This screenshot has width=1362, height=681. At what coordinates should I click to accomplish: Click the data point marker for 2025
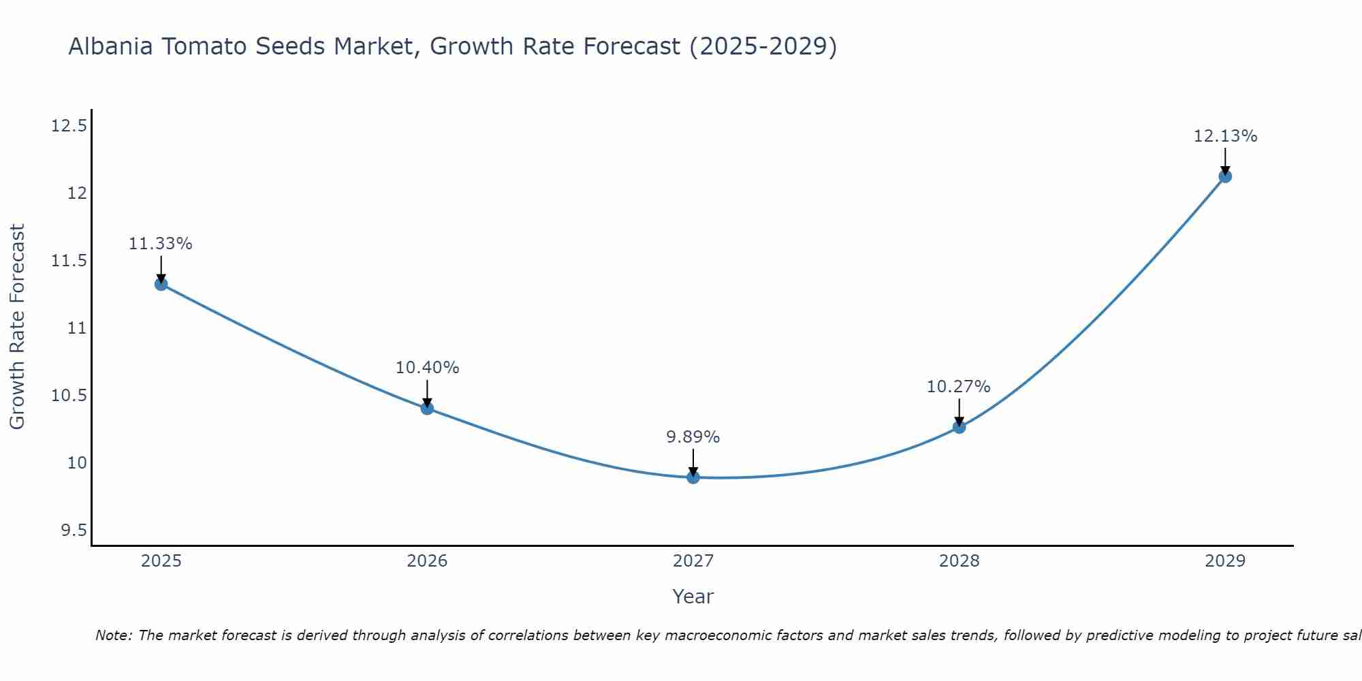pos(161,284)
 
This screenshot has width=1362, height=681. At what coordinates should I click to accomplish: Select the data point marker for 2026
pos(427,408)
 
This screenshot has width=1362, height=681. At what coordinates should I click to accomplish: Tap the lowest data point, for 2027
pos(693,477)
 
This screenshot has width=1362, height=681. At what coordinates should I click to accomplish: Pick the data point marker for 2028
pos(959,427)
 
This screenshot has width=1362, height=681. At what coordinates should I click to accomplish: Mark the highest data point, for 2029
pos(1225,176)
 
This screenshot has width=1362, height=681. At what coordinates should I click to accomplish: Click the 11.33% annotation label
pos(161,244)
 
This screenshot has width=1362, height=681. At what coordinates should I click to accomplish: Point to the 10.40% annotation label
pos(427,368)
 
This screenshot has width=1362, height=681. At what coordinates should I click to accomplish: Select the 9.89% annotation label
pos(693,437)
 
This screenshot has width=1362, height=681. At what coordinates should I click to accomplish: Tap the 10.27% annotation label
pos(958,387)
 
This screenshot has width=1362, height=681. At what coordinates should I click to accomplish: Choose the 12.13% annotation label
pos(1225,136)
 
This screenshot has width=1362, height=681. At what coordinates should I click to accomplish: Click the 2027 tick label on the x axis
pos(693,561)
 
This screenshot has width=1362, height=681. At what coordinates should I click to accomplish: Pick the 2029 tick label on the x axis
pos(1225,561)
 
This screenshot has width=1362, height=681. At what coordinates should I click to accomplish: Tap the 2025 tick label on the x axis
pos(161,561)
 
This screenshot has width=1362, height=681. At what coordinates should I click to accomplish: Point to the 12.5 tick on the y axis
pos(69,126)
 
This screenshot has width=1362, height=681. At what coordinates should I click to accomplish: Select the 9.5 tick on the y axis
pos(74,530)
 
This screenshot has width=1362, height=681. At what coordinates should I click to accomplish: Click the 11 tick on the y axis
pos(77,328)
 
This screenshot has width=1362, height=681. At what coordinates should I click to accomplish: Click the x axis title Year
pos(693,597)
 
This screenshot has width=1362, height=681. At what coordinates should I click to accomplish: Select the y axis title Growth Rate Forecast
pos(17,326)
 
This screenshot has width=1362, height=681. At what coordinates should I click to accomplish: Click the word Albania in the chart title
pos(110,46)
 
